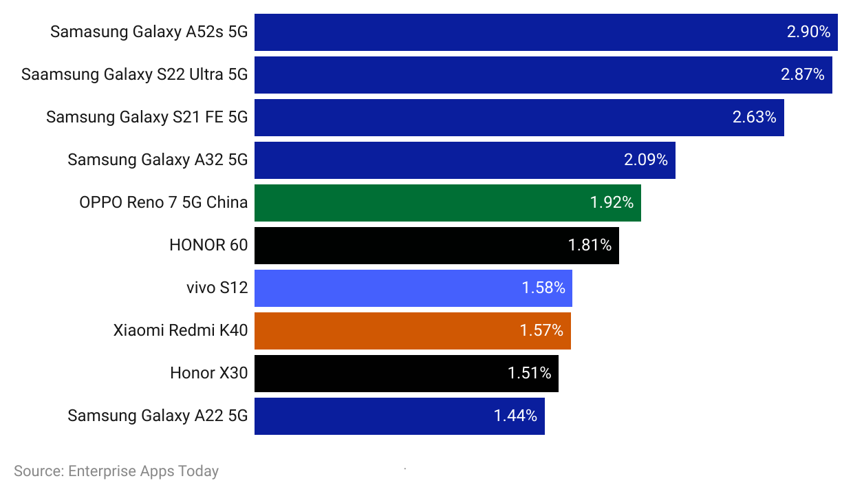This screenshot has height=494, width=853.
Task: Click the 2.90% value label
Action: (808, 32)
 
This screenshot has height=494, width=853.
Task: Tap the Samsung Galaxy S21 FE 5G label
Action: (147, 117)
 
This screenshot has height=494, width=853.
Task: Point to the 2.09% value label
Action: (645, 160)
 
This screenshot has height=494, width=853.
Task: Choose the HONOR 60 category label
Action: (208, 245)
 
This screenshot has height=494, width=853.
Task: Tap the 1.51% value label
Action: (529, 373)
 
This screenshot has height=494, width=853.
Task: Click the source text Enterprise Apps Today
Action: (116, 471)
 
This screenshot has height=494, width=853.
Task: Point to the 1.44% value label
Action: (515, 416)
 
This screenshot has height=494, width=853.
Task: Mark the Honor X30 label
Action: (208, 373)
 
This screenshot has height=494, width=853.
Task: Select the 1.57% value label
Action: (541, 331)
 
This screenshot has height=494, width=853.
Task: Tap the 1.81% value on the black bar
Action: (590, 245)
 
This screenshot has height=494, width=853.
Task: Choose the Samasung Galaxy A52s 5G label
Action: (149, 32)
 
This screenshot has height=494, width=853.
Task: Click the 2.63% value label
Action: (754, 117)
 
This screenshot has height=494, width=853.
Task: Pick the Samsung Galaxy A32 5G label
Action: (158, 160)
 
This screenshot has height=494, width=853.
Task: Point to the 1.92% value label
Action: (612, 203)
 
